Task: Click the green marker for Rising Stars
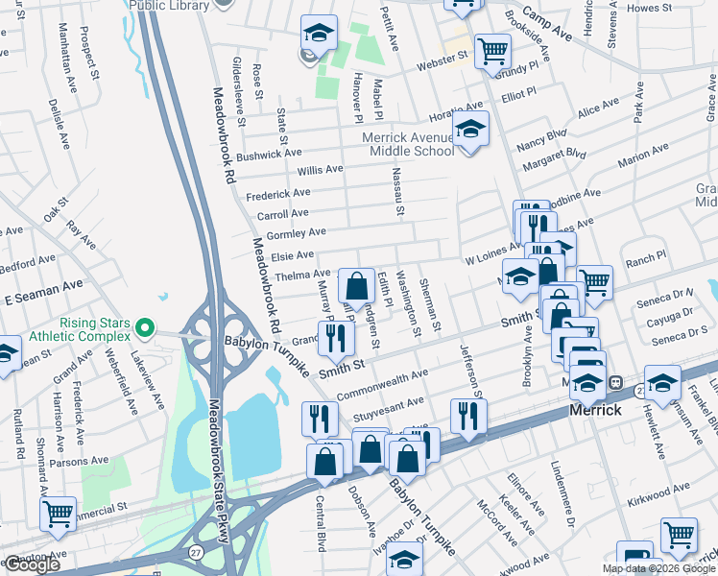click(x=145, y=328)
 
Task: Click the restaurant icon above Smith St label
click(x=336, y=336)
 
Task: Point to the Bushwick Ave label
click(x=269, y=154)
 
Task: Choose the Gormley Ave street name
click(x=297, y=232)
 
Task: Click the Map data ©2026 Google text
click(x=657, y=568)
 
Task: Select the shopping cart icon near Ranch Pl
click(x=594, y=280)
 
